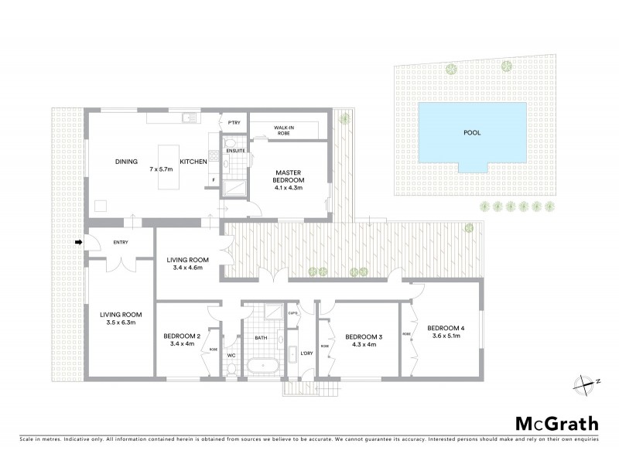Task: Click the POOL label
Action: pyautogui.click(x=471, y=132)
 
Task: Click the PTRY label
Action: pyautogui.click(x=233, y=123)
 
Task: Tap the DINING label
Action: pyautogui.click(x=126, y=162)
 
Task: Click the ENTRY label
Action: pyautogui.click(x=121, y=243)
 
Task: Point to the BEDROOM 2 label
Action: pyautogui.click(x=182, y=336)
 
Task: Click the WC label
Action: pyautogui.click(x=231, y=355)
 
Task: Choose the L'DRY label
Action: pyautogui.click(x=306, y=354)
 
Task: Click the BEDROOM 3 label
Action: pyautogui.click(x=364, y=336)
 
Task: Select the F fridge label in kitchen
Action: pyautogui.click(x=212, y=180)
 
